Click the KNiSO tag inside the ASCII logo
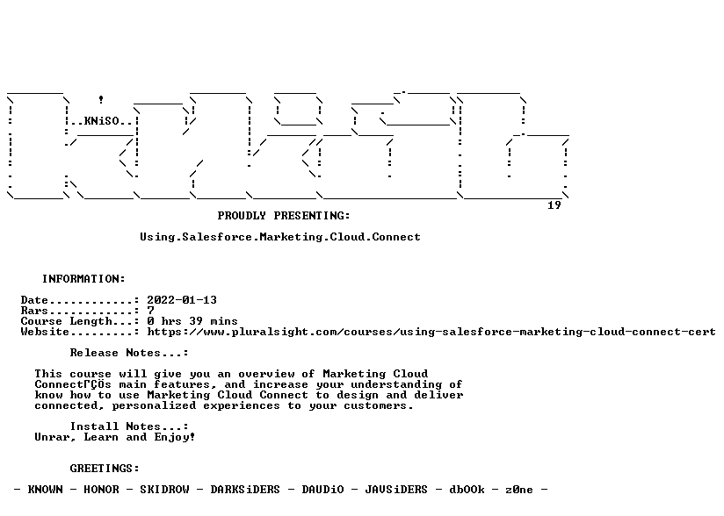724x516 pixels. coord(102,121)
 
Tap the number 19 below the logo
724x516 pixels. coord(554,205)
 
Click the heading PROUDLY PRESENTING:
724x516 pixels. coord(284,216)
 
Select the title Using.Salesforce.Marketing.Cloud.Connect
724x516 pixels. coord(280,237)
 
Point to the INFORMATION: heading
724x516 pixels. coord(83,279)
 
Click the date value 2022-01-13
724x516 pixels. coord(182,300)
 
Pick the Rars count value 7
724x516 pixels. coord(150,311)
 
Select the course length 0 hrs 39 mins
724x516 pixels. coord(192,321)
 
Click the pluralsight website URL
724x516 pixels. coord(431,332)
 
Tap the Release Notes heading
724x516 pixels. coord(129,353)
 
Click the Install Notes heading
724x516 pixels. coord(129,426)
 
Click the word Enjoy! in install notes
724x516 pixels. coord(175,437)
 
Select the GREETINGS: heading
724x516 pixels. coord(105,469)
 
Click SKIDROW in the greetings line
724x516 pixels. coord(164,490)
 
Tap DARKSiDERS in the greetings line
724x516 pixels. coord(245,490)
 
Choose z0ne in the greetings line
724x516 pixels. coord(519,490)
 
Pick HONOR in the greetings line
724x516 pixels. coord(101,490)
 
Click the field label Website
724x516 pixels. coord(45,332)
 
